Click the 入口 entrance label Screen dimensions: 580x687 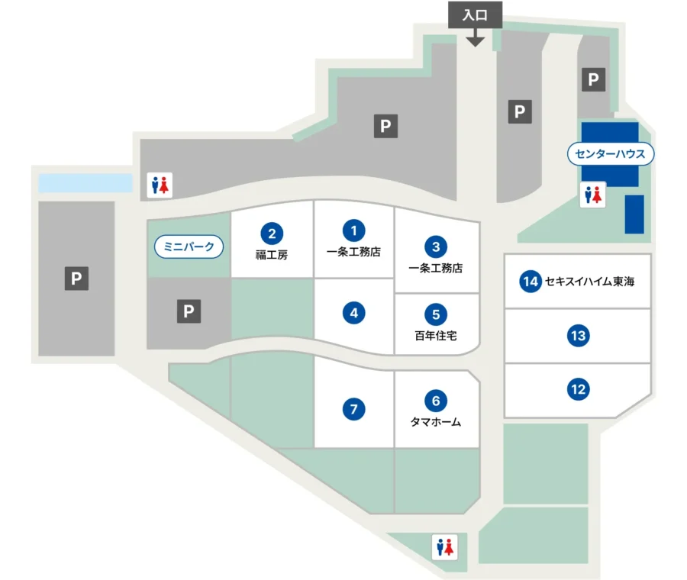(x=475, y=14)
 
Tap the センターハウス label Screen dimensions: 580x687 (x=611, y=154)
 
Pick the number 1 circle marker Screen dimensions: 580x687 (x=353, y=229)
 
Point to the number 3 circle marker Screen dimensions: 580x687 (x=435, y=246)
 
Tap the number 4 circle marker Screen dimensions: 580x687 (x=353, y=312)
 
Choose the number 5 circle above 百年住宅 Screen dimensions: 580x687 (x=435, y=314)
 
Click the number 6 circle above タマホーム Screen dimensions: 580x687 (x=435, y=400)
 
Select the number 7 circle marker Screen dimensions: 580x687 (x=353, y=410)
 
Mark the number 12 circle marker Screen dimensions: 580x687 (x=578, y=390)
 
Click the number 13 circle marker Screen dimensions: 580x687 (x=578, y=335)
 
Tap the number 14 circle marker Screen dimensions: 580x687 (x=530, y=282)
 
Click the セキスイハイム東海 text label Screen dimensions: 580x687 (x=589, y=282)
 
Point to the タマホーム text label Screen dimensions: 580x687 (x=435, y=421)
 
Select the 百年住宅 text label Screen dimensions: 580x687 (x=435, y=335)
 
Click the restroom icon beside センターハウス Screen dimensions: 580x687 (x=593, y=194)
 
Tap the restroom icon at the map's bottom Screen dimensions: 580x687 (x=444, y=546)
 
